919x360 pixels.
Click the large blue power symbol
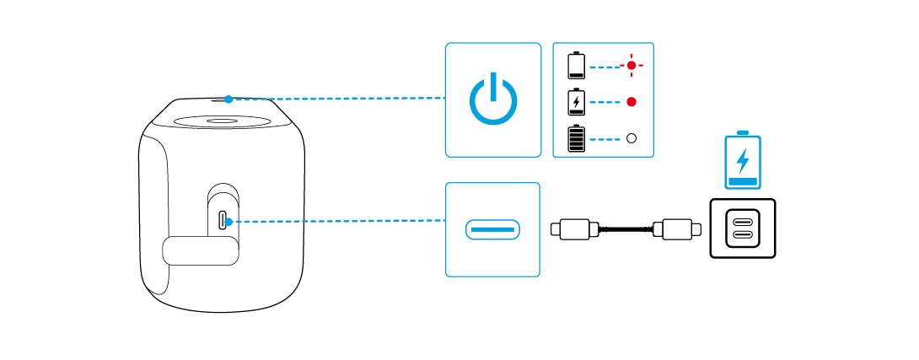[x=492, y=100]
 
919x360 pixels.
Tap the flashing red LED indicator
[x=630, y=65]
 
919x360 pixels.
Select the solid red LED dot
[x=631, y=102]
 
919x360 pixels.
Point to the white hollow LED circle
[x=631, y=138]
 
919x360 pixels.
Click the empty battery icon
[x=577, y=65]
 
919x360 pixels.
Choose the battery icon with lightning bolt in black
[x=577, y=102]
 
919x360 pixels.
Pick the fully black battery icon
[x=577, y=138]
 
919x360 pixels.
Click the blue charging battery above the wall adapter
[x=743, y=160]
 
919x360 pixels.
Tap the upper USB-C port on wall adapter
[x=743, y=220]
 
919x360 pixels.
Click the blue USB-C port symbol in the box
[x=492, y=228]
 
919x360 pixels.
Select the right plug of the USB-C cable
[x=676, y=228]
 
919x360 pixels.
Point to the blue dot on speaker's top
[x=228, y=99]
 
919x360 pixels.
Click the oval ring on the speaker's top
[x=224, y=121]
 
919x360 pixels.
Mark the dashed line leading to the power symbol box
[x=337, y=99]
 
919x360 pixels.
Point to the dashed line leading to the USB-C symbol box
[x=337, y=222]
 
